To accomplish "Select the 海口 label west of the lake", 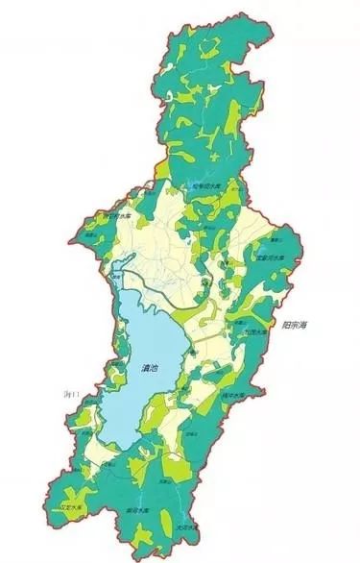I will click(x=68, y=395).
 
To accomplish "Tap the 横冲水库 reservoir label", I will click(x=257, y=395).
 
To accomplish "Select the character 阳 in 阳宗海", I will click(x=290, y=327).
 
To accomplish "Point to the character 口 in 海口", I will click(x=73, y=395).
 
